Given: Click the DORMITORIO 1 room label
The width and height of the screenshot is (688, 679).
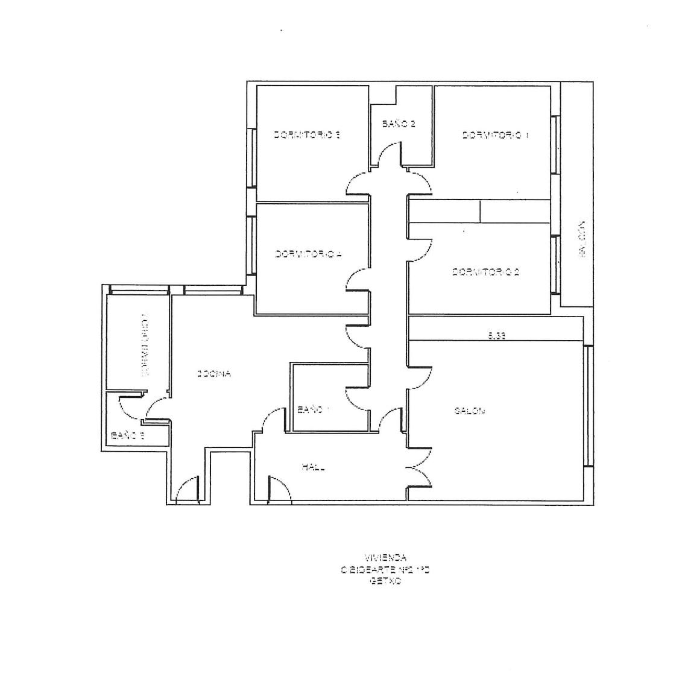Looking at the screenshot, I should tap(495, 136).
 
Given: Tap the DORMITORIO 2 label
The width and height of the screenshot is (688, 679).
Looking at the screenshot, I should tap(486, 272).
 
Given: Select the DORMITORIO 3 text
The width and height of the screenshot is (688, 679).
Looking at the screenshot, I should tap(308, 136).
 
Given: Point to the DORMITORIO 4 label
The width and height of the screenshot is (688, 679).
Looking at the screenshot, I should tap(309, 254).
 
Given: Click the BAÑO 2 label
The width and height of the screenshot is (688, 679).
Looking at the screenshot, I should tap(399, 124).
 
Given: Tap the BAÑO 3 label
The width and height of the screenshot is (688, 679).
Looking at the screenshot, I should tap(127, 435).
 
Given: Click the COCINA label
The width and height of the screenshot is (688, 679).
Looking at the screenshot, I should tap(214, 374).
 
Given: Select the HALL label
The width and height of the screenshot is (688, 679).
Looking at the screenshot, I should tap(314, 467).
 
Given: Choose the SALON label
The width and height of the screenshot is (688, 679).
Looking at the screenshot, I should tap(470, 411).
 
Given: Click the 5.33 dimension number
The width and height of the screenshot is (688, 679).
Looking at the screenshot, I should tap(496, 336).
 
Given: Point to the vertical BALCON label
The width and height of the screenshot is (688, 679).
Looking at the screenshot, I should tap(581, 239).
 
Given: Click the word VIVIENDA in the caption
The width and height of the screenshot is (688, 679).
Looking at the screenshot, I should tap(385, 558).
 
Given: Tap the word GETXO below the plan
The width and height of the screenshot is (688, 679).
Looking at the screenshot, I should tap(385, 583).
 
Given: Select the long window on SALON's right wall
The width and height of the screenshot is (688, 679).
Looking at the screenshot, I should tap(587, 405).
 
